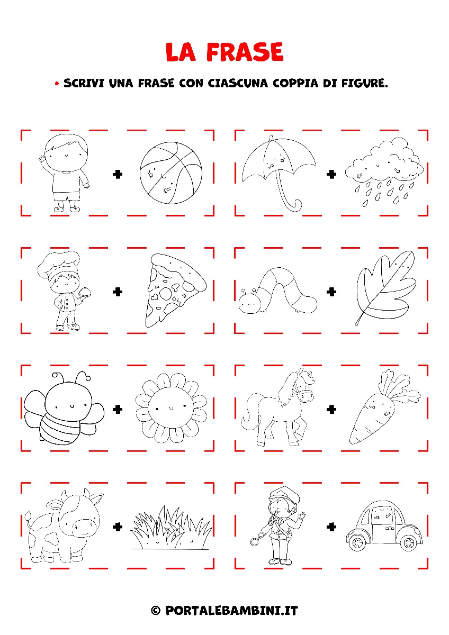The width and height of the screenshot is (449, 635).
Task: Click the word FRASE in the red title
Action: [x=245, y=52]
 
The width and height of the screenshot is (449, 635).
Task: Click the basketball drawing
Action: [x=171, y=173]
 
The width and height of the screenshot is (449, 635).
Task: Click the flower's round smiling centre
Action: [x=171, y=408]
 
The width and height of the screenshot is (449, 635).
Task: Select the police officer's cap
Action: [x=284, y=494]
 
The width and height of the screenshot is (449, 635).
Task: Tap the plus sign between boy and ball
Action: [x=118, y=174]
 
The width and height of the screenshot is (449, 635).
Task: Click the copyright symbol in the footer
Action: [x=156, y=610]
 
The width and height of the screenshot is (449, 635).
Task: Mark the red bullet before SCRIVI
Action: [x=57, y=84]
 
